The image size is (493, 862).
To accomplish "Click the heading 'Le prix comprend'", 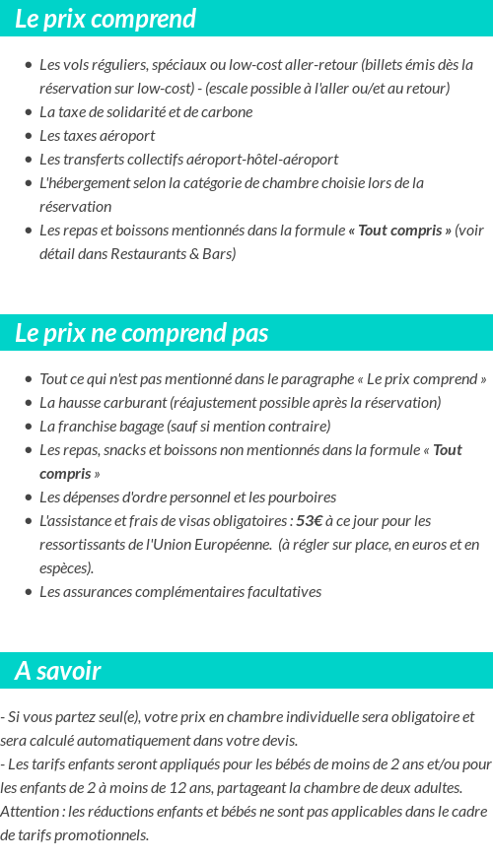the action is [106, 19].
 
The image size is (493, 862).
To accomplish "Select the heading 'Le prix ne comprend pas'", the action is [141, 333].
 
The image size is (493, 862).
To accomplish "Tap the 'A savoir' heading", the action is [57, 671].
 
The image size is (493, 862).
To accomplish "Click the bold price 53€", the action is [310, 520].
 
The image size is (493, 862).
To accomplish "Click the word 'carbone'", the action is [228, 111].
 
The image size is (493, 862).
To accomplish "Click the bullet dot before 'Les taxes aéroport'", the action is [29, 136].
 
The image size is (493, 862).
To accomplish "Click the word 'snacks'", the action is [127, 449].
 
